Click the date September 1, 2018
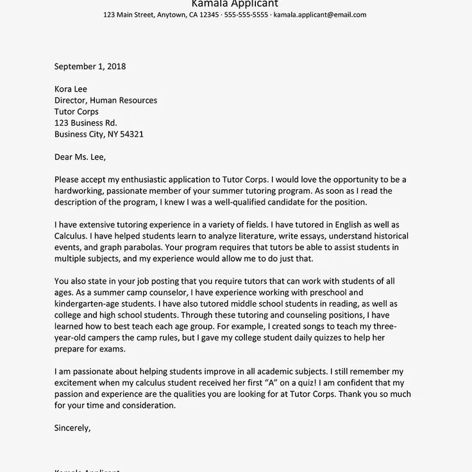click(x=90, y=66)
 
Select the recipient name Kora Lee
click(x=71, y=89)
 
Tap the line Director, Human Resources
click(x=106, y=101)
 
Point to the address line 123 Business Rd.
click(x=86, y=123)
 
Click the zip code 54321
click(x=129, y=135)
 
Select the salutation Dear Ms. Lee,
click(x=80, y=157)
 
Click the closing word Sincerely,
click(x=73, y=428)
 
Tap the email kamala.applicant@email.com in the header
click(x=320, y=15)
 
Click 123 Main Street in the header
click(x=128, y=15)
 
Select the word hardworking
click(x=79, y=191)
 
